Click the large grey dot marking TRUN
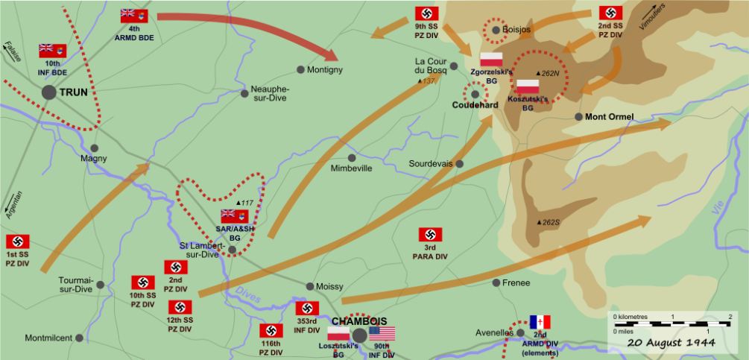click(x=49, y=92)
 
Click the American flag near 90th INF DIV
click(x=382, y=334)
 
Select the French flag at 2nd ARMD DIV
click(x=540, y=323)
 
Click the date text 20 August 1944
click(x=671, y=343)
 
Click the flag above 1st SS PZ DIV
click(x=17, y=242)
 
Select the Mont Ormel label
click(x=609, y=117)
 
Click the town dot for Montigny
click(x=300, y=69)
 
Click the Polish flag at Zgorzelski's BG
click(x=491, y=59)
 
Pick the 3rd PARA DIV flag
click(x=430, y=235)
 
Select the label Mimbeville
click(x=351, y=168)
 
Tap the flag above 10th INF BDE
click(x=52, y=51)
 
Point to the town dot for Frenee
click(x=496, y=282)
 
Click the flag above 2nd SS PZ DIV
click(x=610, y=13)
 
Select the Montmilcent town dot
click(x=79, y=338)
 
